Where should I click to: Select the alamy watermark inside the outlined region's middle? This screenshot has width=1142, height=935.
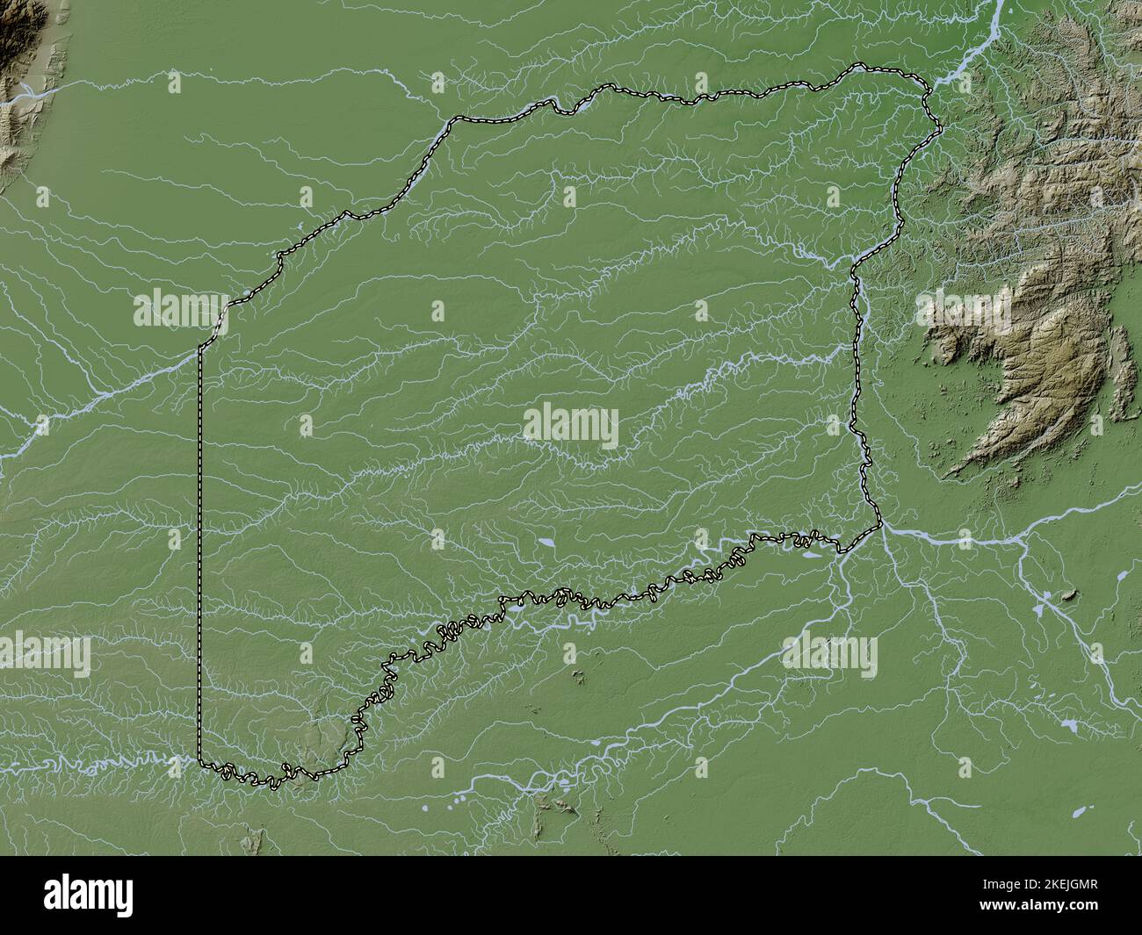tap(571, 426)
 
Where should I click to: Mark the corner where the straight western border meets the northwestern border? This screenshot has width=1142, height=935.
tap(200, 346)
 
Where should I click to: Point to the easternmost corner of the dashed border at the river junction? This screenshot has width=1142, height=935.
tap(880, 526)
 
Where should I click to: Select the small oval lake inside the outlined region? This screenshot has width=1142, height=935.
tap(546, 544)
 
